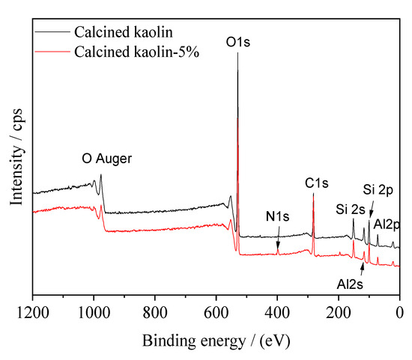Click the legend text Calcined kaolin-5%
pos(135,52)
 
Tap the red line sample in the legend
pos(51,52)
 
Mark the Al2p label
pos(387,223)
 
